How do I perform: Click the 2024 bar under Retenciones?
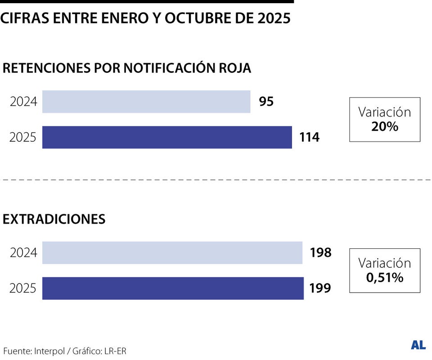146,102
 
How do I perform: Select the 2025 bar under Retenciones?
167,137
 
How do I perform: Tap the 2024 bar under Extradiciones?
172,253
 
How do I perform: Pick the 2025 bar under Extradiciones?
173,288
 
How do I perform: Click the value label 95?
266,102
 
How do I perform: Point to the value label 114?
310,137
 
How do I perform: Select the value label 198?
320,253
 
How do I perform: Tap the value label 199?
320,288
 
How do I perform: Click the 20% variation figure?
385,127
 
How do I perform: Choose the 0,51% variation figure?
385,278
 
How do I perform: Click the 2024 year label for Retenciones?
23,102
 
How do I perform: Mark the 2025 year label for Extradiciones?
23,288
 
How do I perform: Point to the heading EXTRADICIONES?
54,219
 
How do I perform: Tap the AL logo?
418,345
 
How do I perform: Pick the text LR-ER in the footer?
116,351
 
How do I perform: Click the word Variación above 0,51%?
385,263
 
